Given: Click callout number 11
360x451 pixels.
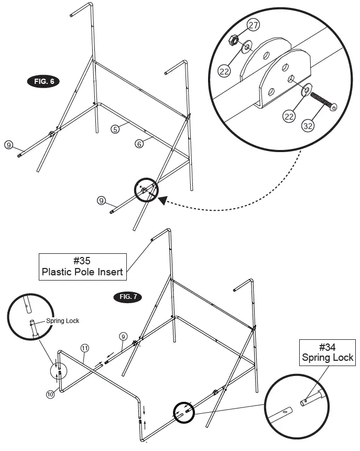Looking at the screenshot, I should (x=84, y=348).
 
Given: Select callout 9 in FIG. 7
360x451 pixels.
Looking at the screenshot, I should (x=123, y=336).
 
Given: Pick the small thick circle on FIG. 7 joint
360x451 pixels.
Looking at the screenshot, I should (x=184, y=412).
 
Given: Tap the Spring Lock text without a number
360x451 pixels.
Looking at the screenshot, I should (x=62, y=320).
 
